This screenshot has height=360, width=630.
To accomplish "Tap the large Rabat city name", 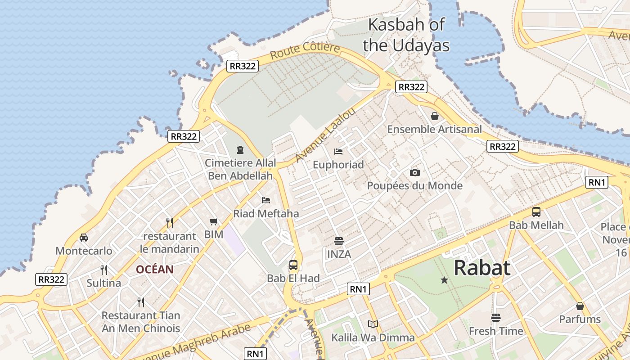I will pyautogui.click(x=482, y=268).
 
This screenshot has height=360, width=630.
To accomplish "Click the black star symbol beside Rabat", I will pyautogui.click(x=444, y=280).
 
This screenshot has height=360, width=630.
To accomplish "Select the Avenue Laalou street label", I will pyautogui.click(x=325, y=135).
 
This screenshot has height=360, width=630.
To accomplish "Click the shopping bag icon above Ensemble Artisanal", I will pyautogui.click(x=435, y=117).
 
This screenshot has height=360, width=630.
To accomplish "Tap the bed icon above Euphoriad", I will pyautogui.click(x=338, y=152).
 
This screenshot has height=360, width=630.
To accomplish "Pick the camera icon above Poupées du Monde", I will pyautogui.click(x=414, y=172).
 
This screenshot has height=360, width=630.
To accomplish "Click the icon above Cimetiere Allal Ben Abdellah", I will pyautogui.click(x=240, y=149).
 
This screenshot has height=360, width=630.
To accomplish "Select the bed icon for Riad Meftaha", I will pyautogui.click(x=266, y=200).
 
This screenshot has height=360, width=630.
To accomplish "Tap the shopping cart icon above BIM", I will pyautogui.click(x=214, y=221).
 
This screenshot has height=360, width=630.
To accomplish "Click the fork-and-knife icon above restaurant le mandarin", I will pyautogui.click(x=169, y=222).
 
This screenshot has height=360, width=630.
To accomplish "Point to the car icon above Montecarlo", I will pyautogui.click(x=84, y=238).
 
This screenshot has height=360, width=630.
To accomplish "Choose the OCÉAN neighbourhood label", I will pyautogui.click(x=155, y=270).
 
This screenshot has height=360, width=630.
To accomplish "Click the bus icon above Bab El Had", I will pyautogui.click(x=293, y=265).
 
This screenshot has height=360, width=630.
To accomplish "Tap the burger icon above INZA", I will pyautogui.click(x=339, y=241).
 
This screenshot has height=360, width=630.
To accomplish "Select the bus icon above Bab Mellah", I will pyautogui.click(x=536, y=212).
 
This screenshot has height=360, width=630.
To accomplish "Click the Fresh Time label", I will pyautogui.click(x=496, y=331).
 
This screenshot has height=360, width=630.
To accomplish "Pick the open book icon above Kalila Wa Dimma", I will pyautogui.click(x=373, y=324).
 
